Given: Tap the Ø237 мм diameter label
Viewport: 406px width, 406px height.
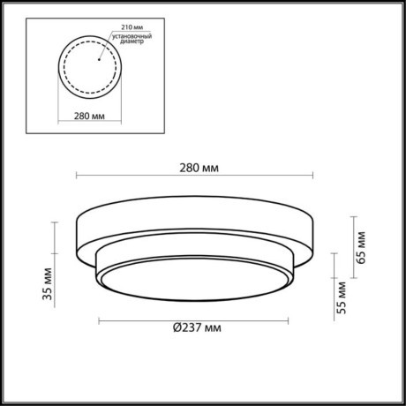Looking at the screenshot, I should (197, 329).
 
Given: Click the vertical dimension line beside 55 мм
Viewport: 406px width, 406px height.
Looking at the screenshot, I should (334, 282).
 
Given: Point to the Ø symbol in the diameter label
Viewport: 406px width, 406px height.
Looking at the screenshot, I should (177, 329).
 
